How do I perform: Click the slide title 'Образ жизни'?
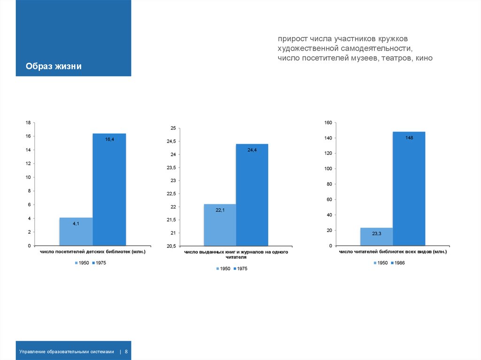pos(54,67)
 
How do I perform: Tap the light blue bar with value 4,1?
pos(76,231)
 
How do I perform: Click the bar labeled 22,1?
pos(220,225)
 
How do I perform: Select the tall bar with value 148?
pos(409,188)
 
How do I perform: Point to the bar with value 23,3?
pos(376,237)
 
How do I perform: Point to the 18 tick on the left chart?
pos(28,123)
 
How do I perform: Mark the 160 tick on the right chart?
pos(328,123)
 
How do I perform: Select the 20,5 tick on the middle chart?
pos(170,246)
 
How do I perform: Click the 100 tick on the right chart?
pos(328,169)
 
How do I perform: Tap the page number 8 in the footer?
pos(126,352)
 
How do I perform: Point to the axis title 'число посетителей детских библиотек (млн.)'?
pos(93,252)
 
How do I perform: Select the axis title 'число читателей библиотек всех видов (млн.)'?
pos(393,252)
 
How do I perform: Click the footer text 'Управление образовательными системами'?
pos(67,352)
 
